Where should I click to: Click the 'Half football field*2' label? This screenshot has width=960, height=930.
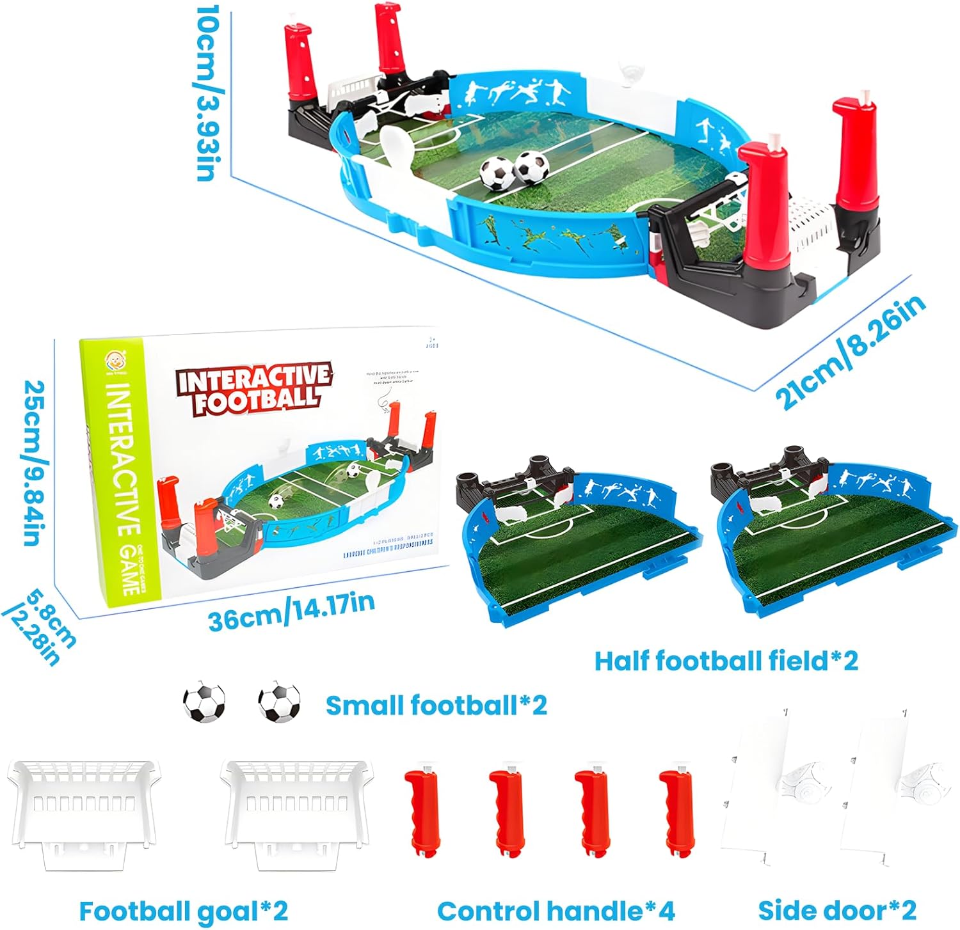point(726,661)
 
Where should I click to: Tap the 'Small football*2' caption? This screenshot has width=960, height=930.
point(436,705)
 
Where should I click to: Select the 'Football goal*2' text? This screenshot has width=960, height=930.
point(183,910)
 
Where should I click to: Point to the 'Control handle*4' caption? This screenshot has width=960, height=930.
point(556,910)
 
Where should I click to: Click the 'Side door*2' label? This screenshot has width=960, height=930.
point(837,910)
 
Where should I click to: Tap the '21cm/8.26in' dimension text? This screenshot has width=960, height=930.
point(851,352)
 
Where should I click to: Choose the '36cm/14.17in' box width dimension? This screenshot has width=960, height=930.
point(291,611)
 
